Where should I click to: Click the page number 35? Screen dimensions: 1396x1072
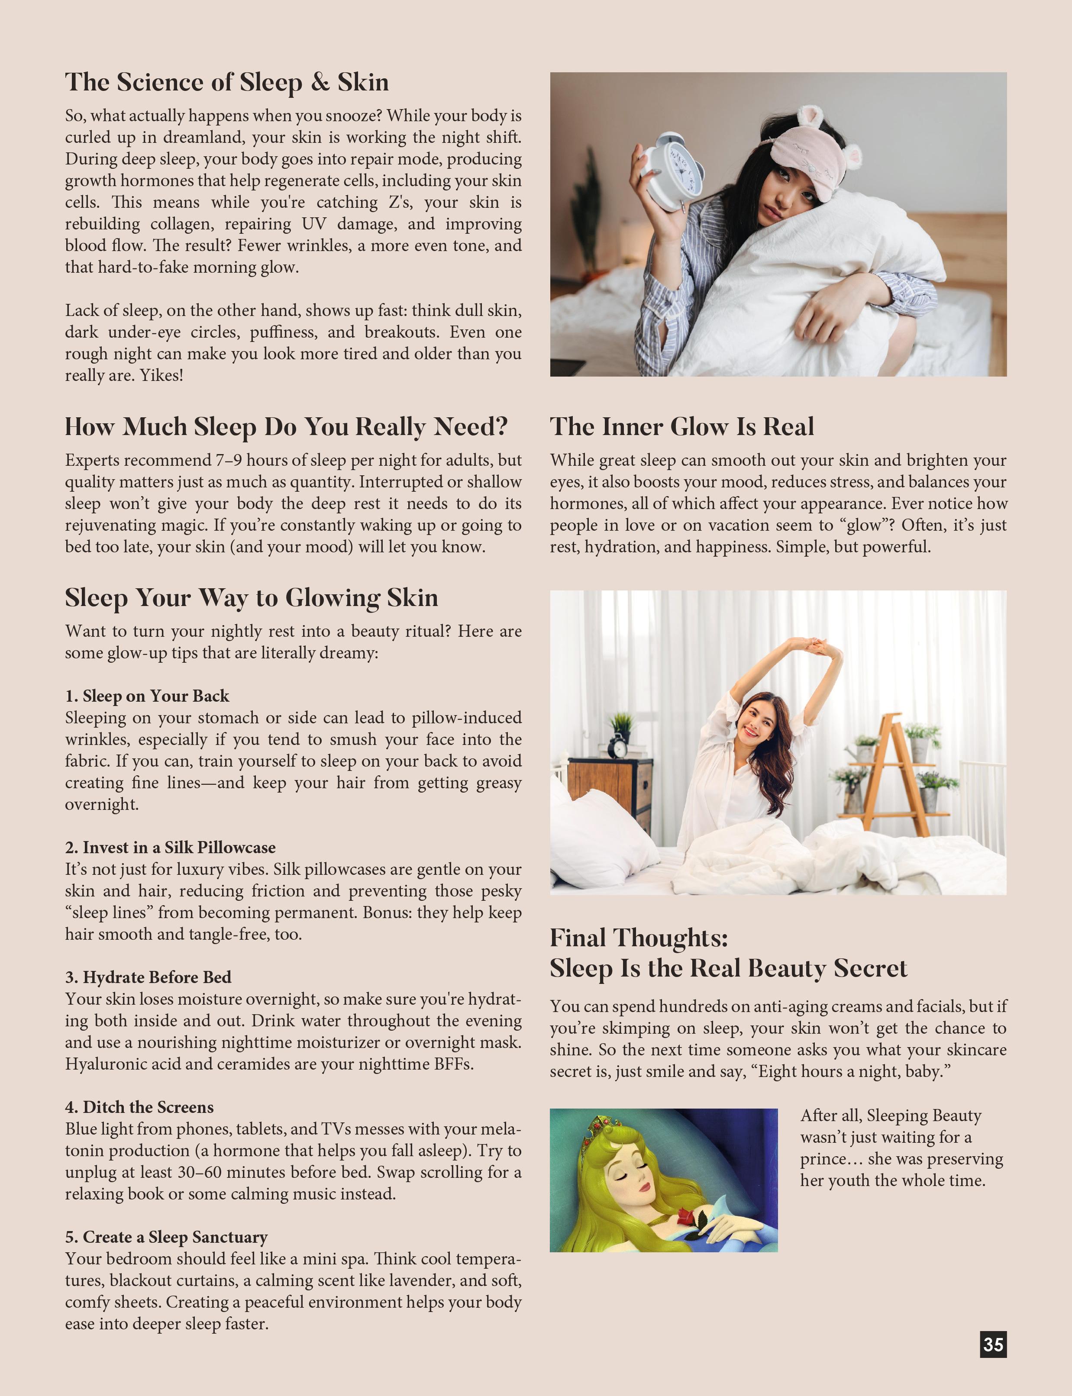point(993,1344)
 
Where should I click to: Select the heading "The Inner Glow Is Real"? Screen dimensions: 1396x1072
point(681,426)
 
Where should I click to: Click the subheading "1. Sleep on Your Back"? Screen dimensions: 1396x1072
point(147,696)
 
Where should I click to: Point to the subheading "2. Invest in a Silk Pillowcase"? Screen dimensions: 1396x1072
point(171,847)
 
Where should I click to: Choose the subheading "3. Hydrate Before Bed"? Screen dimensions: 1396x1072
point(148,977)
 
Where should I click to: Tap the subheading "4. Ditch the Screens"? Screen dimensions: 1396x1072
point(139,1107)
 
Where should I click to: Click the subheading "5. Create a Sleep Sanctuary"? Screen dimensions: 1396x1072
point(166,1237)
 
